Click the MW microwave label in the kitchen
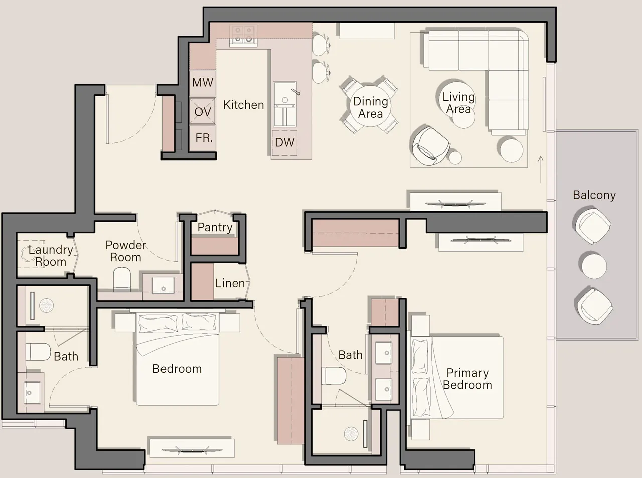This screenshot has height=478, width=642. [203, 83]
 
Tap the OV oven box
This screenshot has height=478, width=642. [202, 111]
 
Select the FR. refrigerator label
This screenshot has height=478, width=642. [204, 138]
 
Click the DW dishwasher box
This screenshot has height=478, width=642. [284, 142]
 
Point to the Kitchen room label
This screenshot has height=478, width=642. [243, 105]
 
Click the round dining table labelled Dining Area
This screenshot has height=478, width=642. [370, 107]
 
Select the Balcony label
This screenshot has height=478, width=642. [594, 195]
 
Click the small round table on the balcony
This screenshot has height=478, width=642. [593, 265]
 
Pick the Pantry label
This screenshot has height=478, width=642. [215, 227]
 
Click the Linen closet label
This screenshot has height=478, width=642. [230, 283]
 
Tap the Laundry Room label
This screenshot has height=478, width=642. [50, 256]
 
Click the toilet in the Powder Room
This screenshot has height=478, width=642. [122, 279]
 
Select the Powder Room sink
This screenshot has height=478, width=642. [163, 285]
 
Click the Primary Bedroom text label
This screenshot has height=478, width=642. [467, 379]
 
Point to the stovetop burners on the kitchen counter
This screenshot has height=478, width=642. [243, 35]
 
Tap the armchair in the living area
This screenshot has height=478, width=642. [430, 145]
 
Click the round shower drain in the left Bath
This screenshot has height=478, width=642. [46, 305]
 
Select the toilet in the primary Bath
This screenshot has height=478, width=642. [332, 375]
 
